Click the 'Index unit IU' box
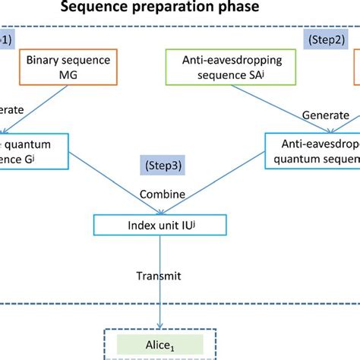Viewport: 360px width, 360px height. [x=161, y=226]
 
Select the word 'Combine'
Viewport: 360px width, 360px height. [x=162, y=194]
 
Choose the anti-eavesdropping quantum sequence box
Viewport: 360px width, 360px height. [x=312, y=149]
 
